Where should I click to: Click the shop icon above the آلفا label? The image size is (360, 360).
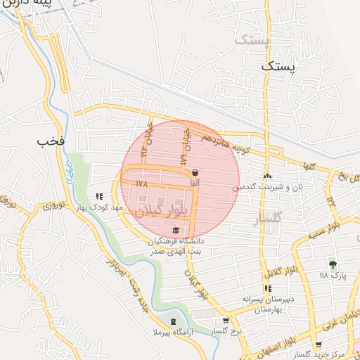click(195, 172)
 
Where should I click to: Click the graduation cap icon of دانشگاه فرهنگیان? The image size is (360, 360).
click(175, 230)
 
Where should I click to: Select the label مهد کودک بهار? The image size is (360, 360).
click(100, 207)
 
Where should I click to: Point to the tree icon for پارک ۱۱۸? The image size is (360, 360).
click(333, 264)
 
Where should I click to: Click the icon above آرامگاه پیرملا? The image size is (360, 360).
click(174, 321)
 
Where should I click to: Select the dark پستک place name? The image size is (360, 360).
click(278, 65)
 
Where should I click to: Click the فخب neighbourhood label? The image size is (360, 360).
click(51, 141)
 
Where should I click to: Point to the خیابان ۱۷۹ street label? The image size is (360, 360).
click(188, 144)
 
